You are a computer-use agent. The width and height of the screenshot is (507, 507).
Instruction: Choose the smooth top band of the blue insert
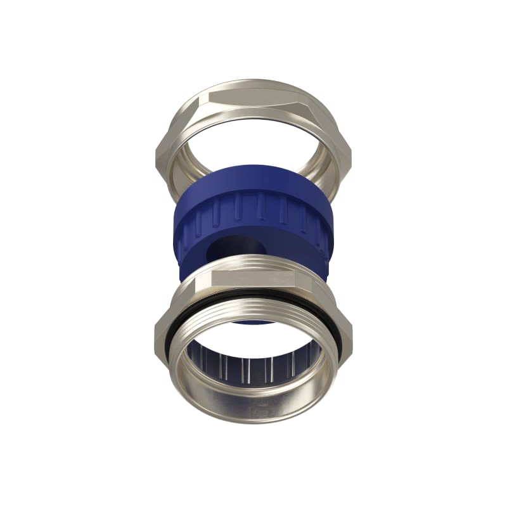pyautogui.click(x=253, y=181)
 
